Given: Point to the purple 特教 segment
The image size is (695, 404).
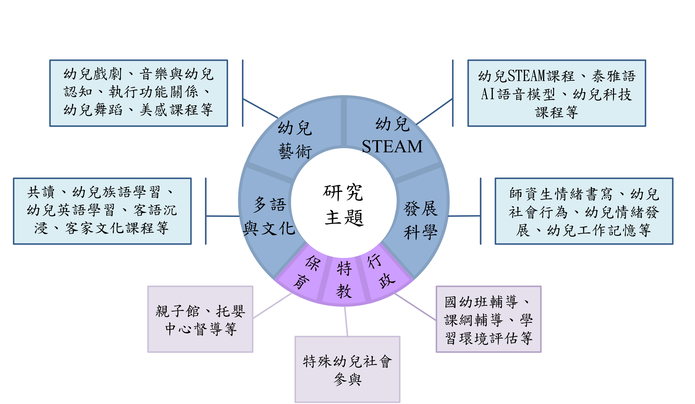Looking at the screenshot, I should pos(344,280).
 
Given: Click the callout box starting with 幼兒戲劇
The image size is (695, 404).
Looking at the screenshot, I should pos(139,93).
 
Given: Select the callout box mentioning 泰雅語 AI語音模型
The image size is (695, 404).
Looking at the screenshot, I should pos(556,93).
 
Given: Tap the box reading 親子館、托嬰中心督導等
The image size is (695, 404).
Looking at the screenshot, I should pos(200,319).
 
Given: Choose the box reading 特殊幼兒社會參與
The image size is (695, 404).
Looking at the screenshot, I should pos(347,369).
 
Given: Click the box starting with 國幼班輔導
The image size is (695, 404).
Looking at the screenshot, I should pos(488,319).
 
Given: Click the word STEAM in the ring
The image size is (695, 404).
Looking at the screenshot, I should pos(392,147).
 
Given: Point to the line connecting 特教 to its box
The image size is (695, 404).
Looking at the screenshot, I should pos(346,321).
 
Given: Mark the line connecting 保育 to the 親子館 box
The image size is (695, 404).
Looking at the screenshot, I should pos(273,306).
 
